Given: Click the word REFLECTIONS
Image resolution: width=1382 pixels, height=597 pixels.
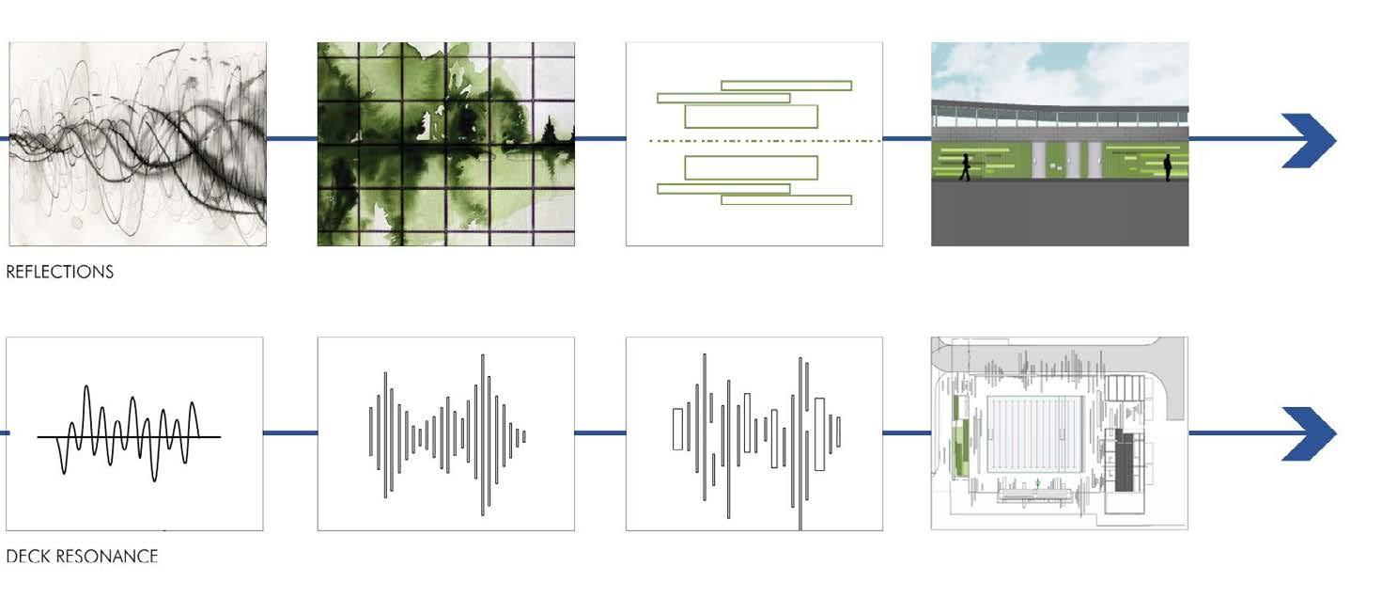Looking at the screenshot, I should point(60,272).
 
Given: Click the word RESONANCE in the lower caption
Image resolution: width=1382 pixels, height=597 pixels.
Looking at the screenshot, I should point(107,557).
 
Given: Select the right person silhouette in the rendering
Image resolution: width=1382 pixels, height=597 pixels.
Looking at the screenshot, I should point(1168,167).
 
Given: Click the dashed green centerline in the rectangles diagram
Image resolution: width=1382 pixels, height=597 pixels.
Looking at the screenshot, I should point(754,141).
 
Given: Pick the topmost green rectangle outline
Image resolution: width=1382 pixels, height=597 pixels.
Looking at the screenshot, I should point(786,85).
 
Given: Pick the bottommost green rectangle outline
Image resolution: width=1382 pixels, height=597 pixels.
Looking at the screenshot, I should point(786,199).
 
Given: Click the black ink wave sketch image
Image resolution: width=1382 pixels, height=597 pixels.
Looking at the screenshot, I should point(137,144).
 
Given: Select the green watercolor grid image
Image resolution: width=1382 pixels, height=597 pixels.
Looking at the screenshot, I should point(445,144).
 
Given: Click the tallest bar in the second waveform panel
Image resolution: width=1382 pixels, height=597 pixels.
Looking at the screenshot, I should point(484,434).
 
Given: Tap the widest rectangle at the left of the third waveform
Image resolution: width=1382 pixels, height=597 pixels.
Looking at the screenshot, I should point(677,429).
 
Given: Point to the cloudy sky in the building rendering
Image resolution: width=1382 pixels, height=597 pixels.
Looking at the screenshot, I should point(1060,71).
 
